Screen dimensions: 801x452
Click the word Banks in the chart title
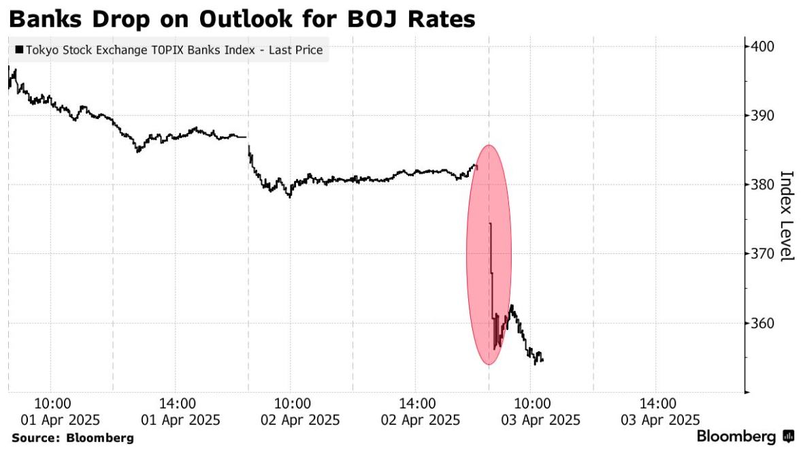pyautogui.click(x=46, y=19)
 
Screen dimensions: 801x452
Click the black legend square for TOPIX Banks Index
pyautogui.click(x=20, y=50)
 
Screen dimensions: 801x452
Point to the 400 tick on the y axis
pyautogui.click(x=762, y=46)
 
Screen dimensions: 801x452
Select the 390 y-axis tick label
pyautogui.click(x=762, y=116)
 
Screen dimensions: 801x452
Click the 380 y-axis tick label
pyautogui.click(x=762, y=184)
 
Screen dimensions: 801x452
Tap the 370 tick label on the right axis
pyautogui.click(x=762, y=254)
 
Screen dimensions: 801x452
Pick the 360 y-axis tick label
pyautogui.click(x=762, y=323)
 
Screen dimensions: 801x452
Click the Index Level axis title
pyautogui.click(x=787, y=216)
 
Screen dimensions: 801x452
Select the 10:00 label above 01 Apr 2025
pyautogui.click(x=53, y=404)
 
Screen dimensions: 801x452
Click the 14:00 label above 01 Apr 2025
pyautogui.click(x=177, y=404)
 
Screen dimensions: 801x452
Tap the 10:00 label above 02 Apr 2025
pyautogui.click(x=293, y=404)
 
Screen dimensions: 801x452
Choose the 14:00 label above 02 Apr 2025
pyautogui.click(x=417, y=404)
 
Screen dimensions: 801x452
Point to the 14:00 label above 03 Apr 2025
pyautogui.click(x=658, y=404)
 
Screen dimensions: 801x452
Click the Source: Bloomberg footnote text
pyautogui.click(x=73, y=438)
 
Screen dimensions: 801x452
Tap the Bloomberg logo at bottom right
pyautogui.click(x=745, y=436)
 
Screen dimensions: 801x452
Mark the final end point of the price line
pyautogui.click(x=542, y=361)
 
